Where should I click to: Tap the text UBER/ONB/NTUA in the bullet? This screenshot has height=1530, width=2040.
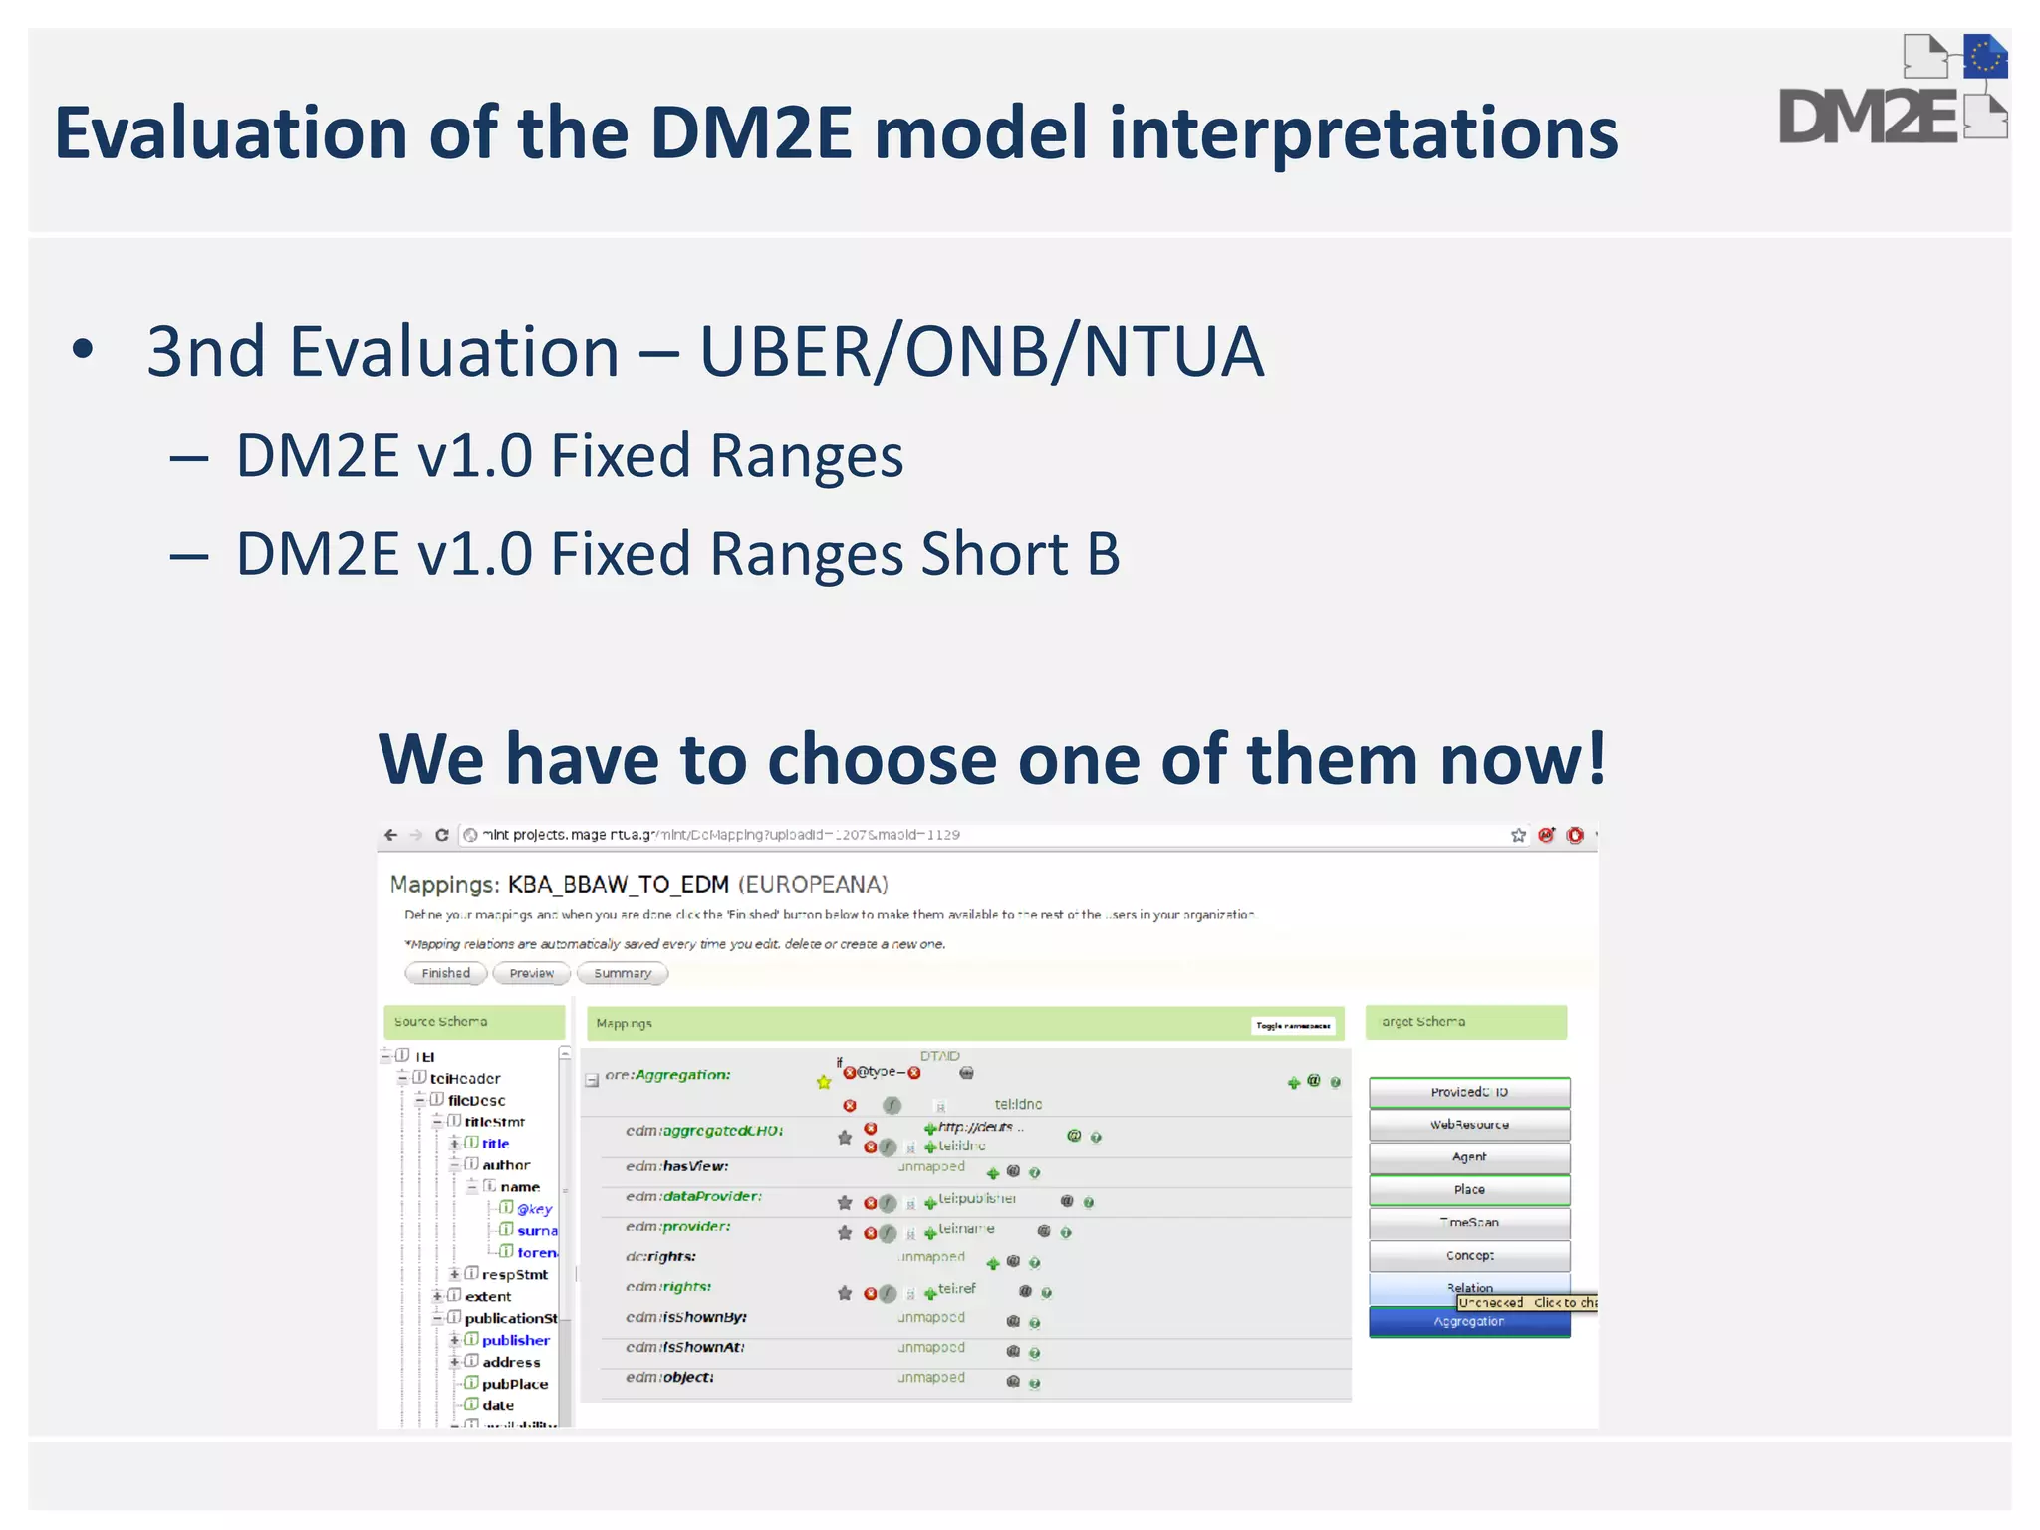pos(981,352)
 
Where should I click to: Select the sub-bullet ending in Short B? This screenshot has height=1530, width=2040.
pos(677,554)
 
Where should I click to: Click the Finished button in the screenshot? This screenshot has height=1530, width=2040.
pos(445,973)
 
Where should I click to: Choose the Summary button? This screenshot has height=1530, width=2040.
pos(622,973)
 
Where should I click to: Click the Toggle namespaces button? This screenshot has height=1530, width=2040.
pos(1292,1025)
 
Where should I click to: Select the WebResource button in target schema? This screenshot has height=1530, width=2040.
pos(1469,1125)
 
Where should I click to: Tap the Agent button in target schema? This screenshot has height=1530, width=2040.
pos(1469,1157)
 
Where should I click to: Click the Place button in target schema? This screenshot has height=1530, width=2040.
pos(1469,1190)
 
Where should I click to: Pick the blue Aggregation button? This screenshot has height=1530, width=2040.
pos(1469,1322)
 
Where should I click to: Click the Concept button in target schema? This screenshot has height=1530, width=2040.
pos(1469,1256)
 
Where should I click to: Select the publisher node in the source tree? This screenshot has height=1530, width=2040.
pos(515,1340)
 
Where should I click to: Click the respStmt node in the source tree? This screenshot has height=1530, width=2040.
pos(514,1274)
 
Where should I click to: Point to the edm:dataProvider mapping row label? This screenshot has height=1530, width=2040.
pos(693,1196)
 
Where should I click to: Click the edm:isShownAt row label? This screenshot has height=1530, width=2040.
pos(685,1347)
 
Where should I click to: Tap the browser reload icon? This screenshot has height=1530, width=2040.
pos(442,835)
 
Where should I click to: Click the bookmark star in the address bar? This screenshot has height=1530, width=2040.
pos(1518,835)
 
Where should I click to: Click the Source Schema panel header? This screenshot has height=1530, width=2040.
pos(474,1022)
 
